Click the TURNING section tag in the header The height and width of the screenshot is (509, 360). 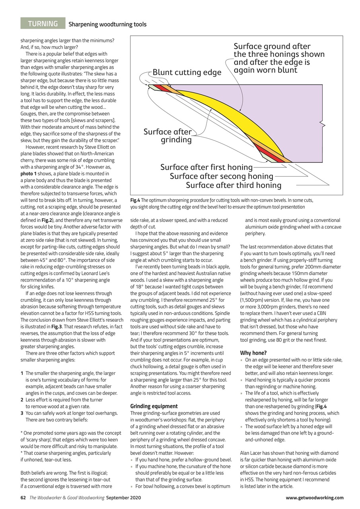coord(43,23)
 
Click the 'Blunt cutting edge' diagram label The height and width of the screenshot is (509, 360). coord(187,72)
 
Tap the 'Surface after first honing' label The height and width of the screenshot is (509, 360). coord(206,167)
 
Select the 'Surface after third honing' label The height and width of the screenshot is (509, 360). coord(234,185)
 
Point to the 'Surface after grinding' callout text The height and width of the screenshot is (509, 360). coord(168,136)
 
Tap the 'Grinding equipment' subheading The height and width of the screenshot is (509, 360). coord(154,406)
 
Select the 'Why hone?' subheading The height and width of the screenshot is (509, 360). coord(253,353)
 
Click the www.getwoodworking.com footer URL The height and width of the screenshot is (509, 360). coord(315,497)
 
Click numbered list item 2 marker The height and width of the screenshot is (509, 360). coord(22,399)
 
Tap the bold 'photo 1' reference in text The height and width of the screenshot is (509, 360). coord(30,173)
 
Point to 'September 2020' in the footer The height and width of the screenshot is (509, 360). coord(123,497)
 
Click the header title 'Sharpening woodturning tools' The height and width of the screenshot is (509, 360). coord(107,24)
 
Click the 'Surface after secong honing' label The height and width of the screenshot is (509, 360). coord(221,176)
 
